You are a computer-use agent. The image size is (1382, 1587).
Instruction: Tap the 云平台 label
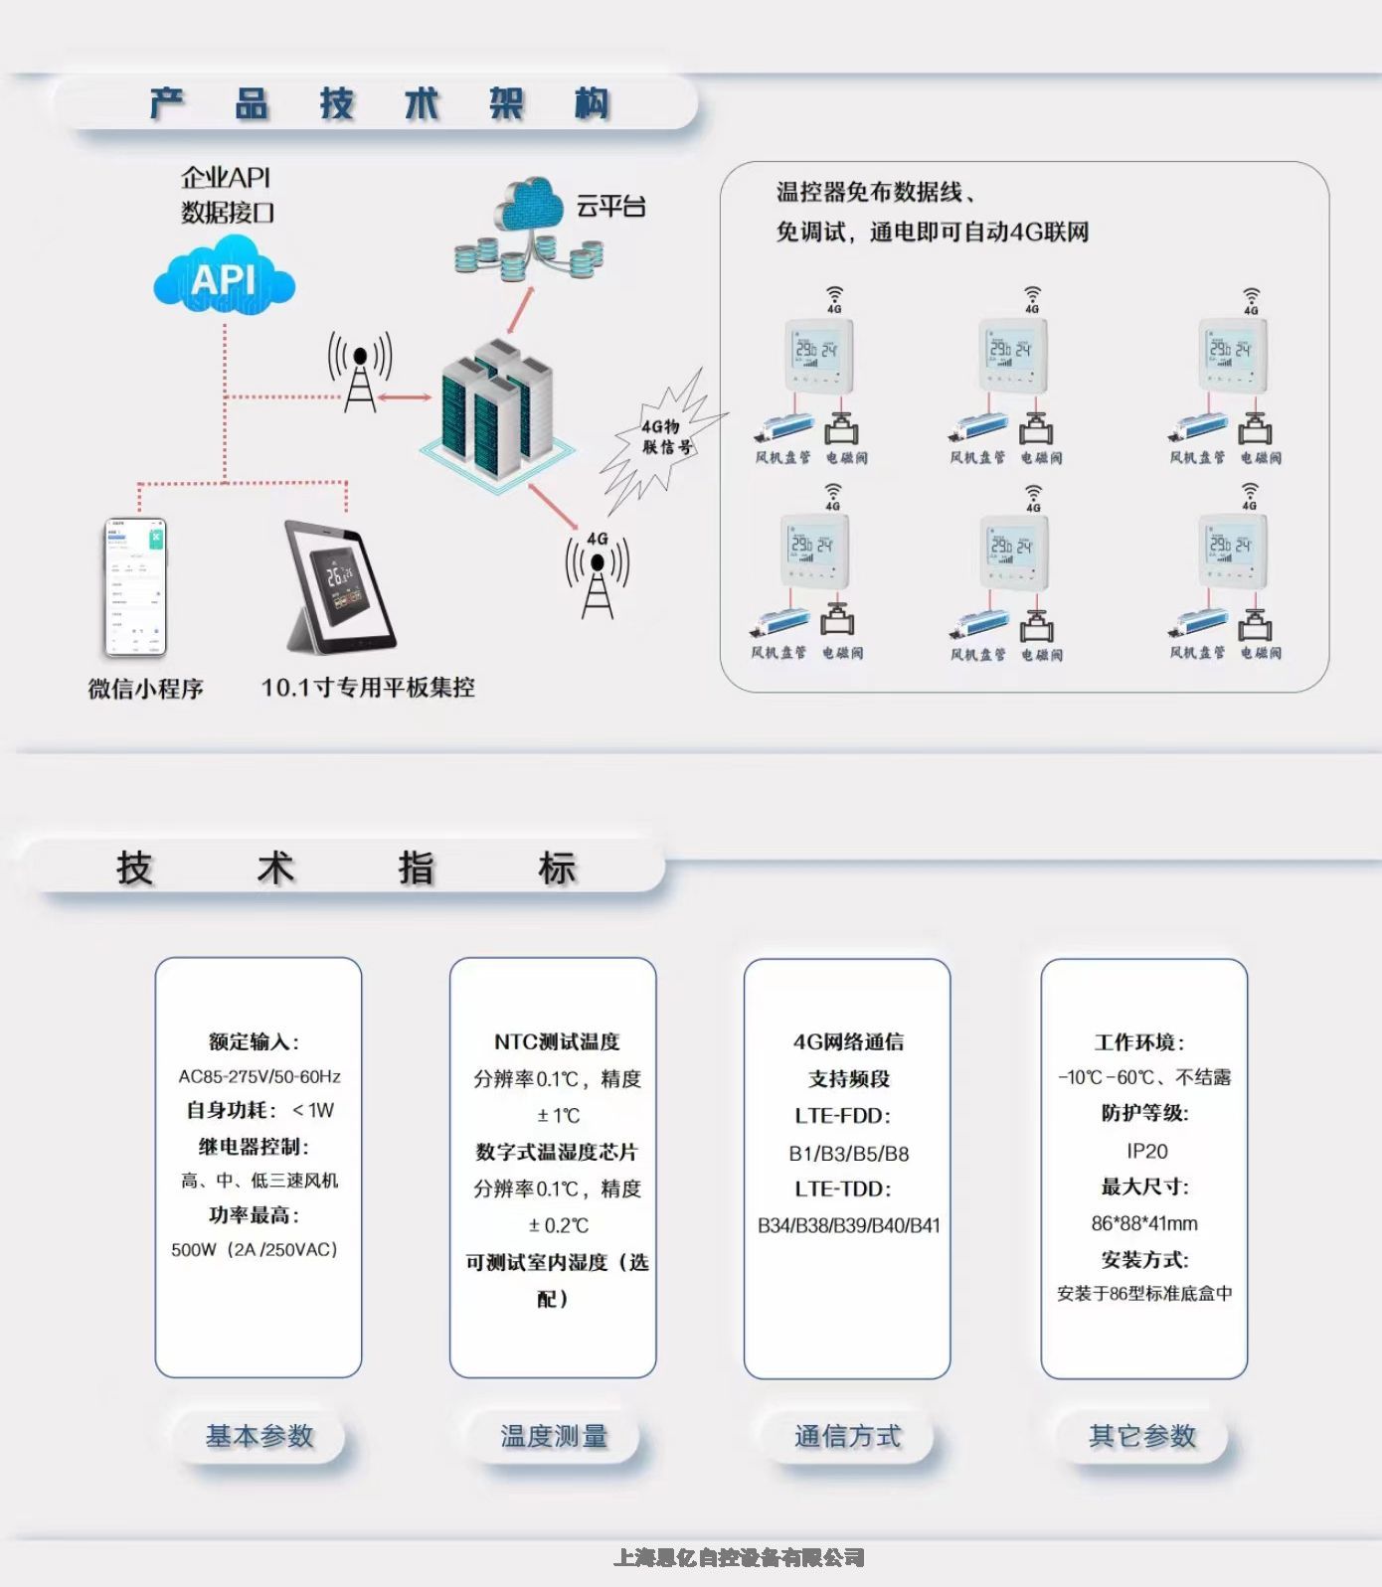pos(610,207)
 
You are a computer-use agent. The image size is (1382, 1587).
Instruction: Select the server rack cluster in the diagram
pos(497,412)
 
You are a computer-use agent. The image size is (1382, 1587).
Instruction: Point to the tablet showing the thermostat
pos(341,587)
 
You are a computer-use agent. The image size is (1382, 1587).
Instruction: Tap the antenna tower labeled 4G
pos(597,576)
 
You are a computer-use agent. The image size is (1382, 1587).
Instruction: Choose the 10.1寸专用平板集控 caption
pos(368,687)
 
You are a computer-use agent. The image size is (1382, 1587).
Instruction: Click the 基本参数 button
pos(259,1436)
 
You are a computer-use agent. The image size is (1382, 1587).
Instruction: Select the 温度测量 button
pos(554,1436)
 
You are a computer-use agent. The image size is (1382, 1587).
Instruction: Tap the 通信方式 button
pos(847,1436)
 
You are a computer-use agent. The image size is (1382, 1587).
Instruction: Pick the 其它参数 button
pos(1142,1436)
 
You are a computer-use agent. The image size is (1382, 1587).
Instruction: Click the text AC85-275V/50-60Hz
pos(259,1076)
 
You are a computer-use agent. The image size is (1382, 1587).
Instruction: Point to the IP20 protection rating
pos(1146,1151)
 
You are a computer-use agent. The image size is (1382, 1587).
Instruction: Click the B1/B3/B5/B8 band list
pos(848,1154)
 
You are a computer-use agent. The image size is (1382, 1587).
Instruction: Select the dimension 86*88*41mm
pos(1144,1223)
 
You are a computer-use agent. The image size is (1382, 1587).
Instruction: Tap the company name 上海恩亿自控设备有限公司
pos(739,1557)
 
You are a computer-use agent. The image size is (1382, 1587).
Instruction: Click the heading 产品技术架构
pos(379,103)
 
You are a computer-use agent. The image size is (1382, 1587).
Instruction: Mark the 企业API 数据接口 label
pos(226,195)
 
